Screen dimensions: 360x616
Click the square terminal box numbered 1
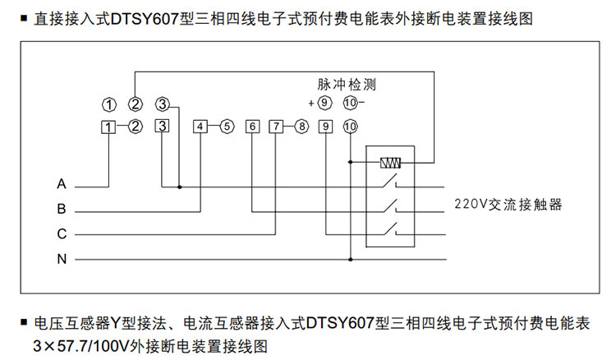tap(108, 127)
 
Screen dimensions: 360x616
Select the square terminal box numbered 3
tap(163, 126)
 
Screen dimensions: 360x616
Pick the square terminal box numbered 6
tap(253, 127)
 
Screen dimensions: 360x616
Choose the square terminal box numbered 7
tap(276, 127)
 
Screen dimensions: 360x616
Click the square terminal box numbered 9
tap(326, 127)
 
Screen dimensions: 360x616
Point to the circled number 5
tap(227, 127)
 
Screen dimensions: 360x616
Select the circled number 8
tap(302, 127)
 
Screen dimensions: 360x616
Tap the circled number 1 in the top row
tap(108, 104)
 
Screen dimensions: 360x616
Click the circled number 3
tap(163, 104)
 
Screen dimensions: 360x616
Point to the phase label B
tap(62, 209)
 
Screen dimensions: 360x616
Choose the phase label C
tap(62, 234)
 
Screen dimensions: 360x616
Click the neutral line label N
tap(62, 260)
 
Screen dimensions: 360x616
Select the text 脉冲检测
tap(347, 85)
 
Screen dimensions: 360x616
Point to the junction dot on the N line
tap(351, 260)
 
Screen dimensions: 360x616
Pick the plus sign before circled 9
tap(311, 104)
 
